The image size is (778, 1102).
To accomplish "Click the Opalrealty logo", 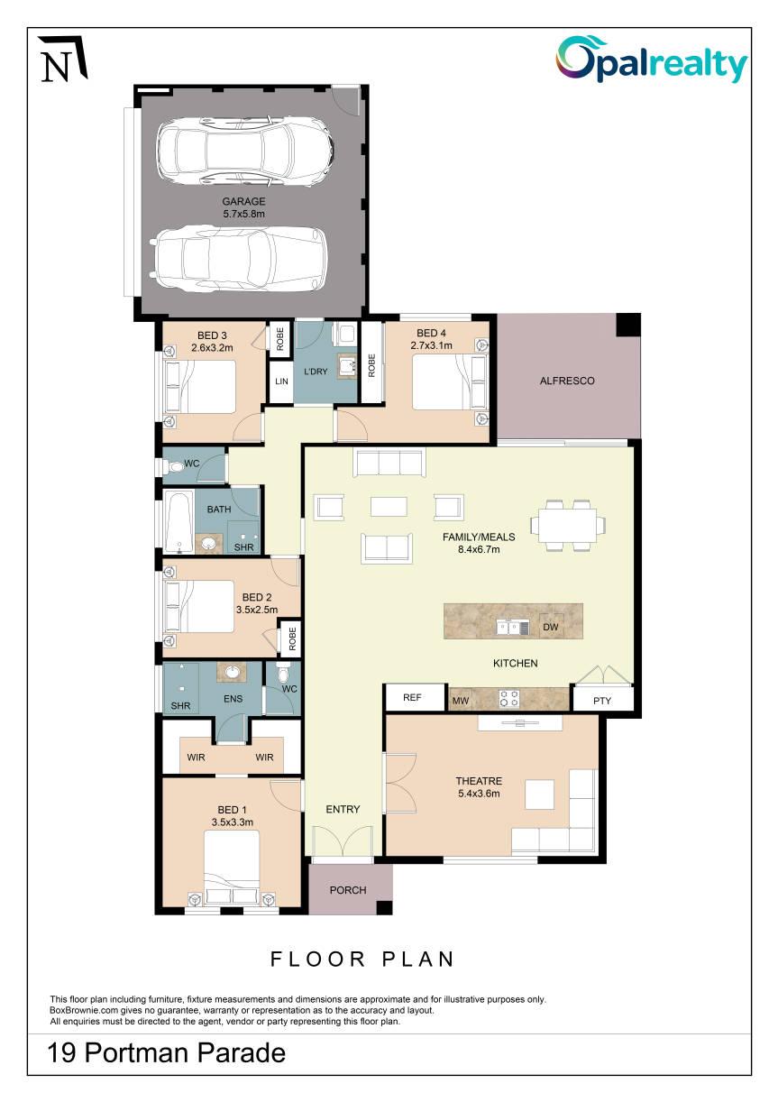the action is tap(652, 60).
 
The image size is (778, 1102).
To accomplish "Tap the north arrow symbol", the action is tap(63, 58).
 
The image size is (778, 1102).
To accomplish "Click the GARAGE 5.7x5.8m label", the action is tap(244, 207).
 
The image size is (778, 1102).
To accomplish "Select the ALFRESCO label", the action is tap(567, 381).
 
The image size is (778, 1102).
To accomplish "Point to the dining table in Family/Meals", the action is tap(568, 525).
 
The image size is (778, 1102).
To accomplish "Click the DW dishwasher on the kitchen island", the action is tap(551, 626).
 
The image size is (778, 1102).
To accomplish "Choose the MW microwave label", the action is tap(461, 701).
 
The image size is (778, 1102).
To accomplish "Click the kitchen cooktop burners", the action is tap(509, 699).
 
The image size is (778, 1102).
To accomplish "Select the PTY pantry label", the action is tap(602, 701).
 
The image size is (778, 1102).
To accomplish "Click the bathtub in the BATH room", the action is tap(179, 522).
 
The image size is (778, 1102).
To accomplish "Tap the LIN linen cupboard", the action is tap(281, 381).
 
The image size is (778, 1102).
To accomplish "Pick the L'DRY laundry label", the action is tap(316, 372).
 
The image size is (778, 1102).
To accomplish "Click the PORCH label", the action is tap(348, 890).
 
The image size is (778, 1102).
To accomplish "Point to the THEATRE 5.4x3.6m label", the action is tap(479, 786).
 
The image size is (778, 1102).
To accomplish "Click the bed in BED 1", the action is tap(232, 868).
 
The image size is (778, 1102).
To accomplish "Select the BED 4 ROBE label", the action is tap(371, 365).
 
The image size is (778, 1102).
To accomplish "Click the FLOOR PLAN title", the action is tap(362, 959).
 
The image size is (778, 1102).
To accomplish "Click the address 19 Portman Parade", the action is tap(166, 1052).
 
